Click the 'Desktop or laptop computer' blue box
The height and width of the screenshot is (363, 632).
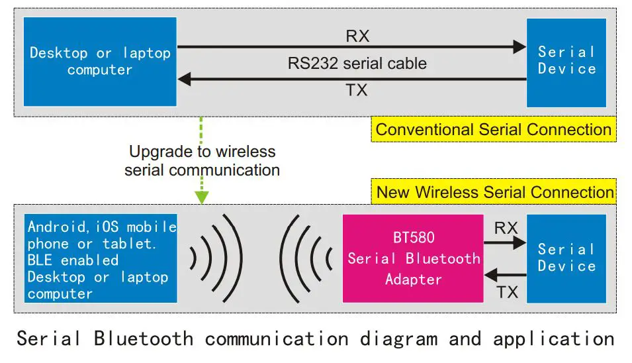point(100,62)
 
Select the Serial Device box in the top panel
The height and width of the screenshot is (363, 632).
point(566,62)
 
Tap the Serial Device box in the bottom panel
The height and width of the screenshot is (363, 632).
point(566,258)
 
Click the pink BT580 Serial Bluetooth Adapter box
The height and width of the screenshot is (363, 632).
point(413,258)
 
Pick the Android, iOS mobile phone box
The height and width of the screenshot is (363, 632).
point(101,258)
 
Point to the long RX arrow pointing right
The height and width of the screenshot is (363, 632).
point(351,46)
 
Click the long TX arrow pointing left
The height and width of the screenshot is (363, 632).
point(351,79)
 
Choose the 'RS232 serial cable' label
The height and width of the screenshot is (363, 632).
point(357,64)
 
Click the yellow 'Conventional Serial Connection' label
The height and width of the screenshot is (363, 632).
point(493,129)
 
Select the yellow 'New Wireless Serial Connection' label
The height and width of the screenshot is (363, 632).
point(495,193)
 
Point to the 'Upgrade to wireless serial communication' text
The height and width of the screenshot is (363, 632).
point(202,160)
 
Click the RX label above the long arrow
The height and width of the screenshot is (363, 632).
point(357,36)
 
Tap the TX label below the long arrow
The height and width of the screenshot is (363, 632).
point(357,91)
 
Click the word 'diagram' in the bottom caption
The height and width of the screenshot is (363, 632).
point(398,339)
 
